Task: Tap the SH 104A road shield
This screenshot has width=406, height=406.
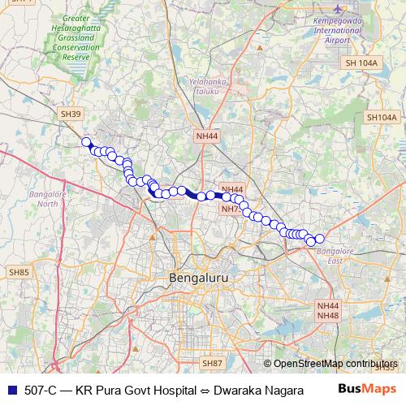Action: (361, 62)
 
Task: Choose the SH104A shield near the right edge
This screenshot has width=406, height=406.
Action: (382, 118)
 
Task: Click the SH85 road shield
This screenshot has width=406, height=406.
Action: (19, 272)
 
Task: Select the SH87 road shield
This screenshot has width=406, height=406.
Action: (213, 363)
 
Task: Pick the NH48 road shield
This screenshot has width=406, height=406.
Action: (328, 315)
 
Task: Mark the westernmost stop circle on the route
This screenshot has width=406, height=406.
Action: (86, 142)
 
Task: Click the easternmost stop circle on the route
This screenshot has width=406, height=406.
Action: (319, 238)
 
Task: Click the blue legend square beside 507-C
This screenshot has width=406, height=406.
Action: (10, 389)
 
